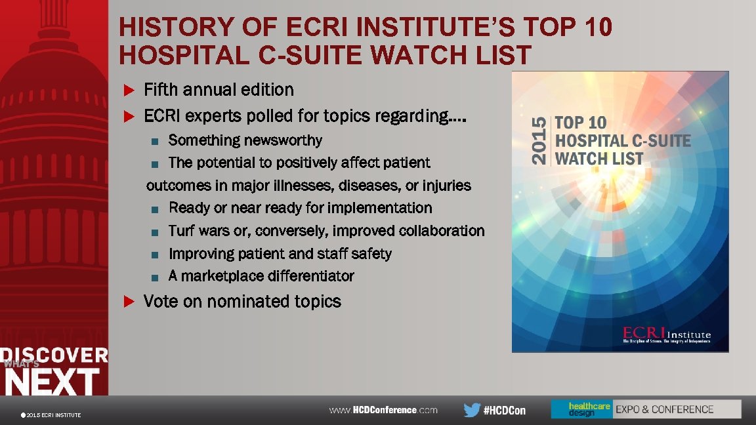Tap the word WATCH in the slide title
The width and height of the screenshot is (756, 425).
pyautogui.click(x=426, y=55)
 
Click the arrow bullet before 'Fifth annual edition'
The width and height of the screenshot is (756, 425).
pyautogui.click(x=129, y=90)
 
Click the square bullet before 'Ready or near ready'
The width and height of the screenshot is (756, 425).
pyautogui.click(x=154, y=209)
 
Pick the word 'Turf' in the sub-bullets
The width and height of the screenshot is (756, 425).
pyautogui.click(x=182, y=231)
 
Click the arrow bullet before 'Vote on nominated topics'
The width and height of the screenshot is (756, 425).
pyautogui.click(x=129, y=302)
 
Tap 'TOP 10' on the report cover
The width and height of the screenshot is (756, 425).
pyautogui.click(x=581, y=123)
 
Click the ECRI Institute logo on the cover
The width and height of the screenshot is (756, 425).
pyautogui.click(x=666, y=334)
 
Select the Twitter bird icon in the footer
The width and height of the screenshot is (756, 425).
pyautogui.click(x=471, y=410)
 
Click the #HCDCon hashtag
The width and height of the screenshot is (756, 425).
pyautogui.click(x=504, y=411)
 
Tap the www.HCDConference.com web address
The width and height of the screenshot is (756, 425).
pyautogui.click(x=383, y=410)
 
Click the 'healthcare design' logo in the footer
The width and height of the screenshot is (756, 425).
pyautogui.click(x=581, y=409)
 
